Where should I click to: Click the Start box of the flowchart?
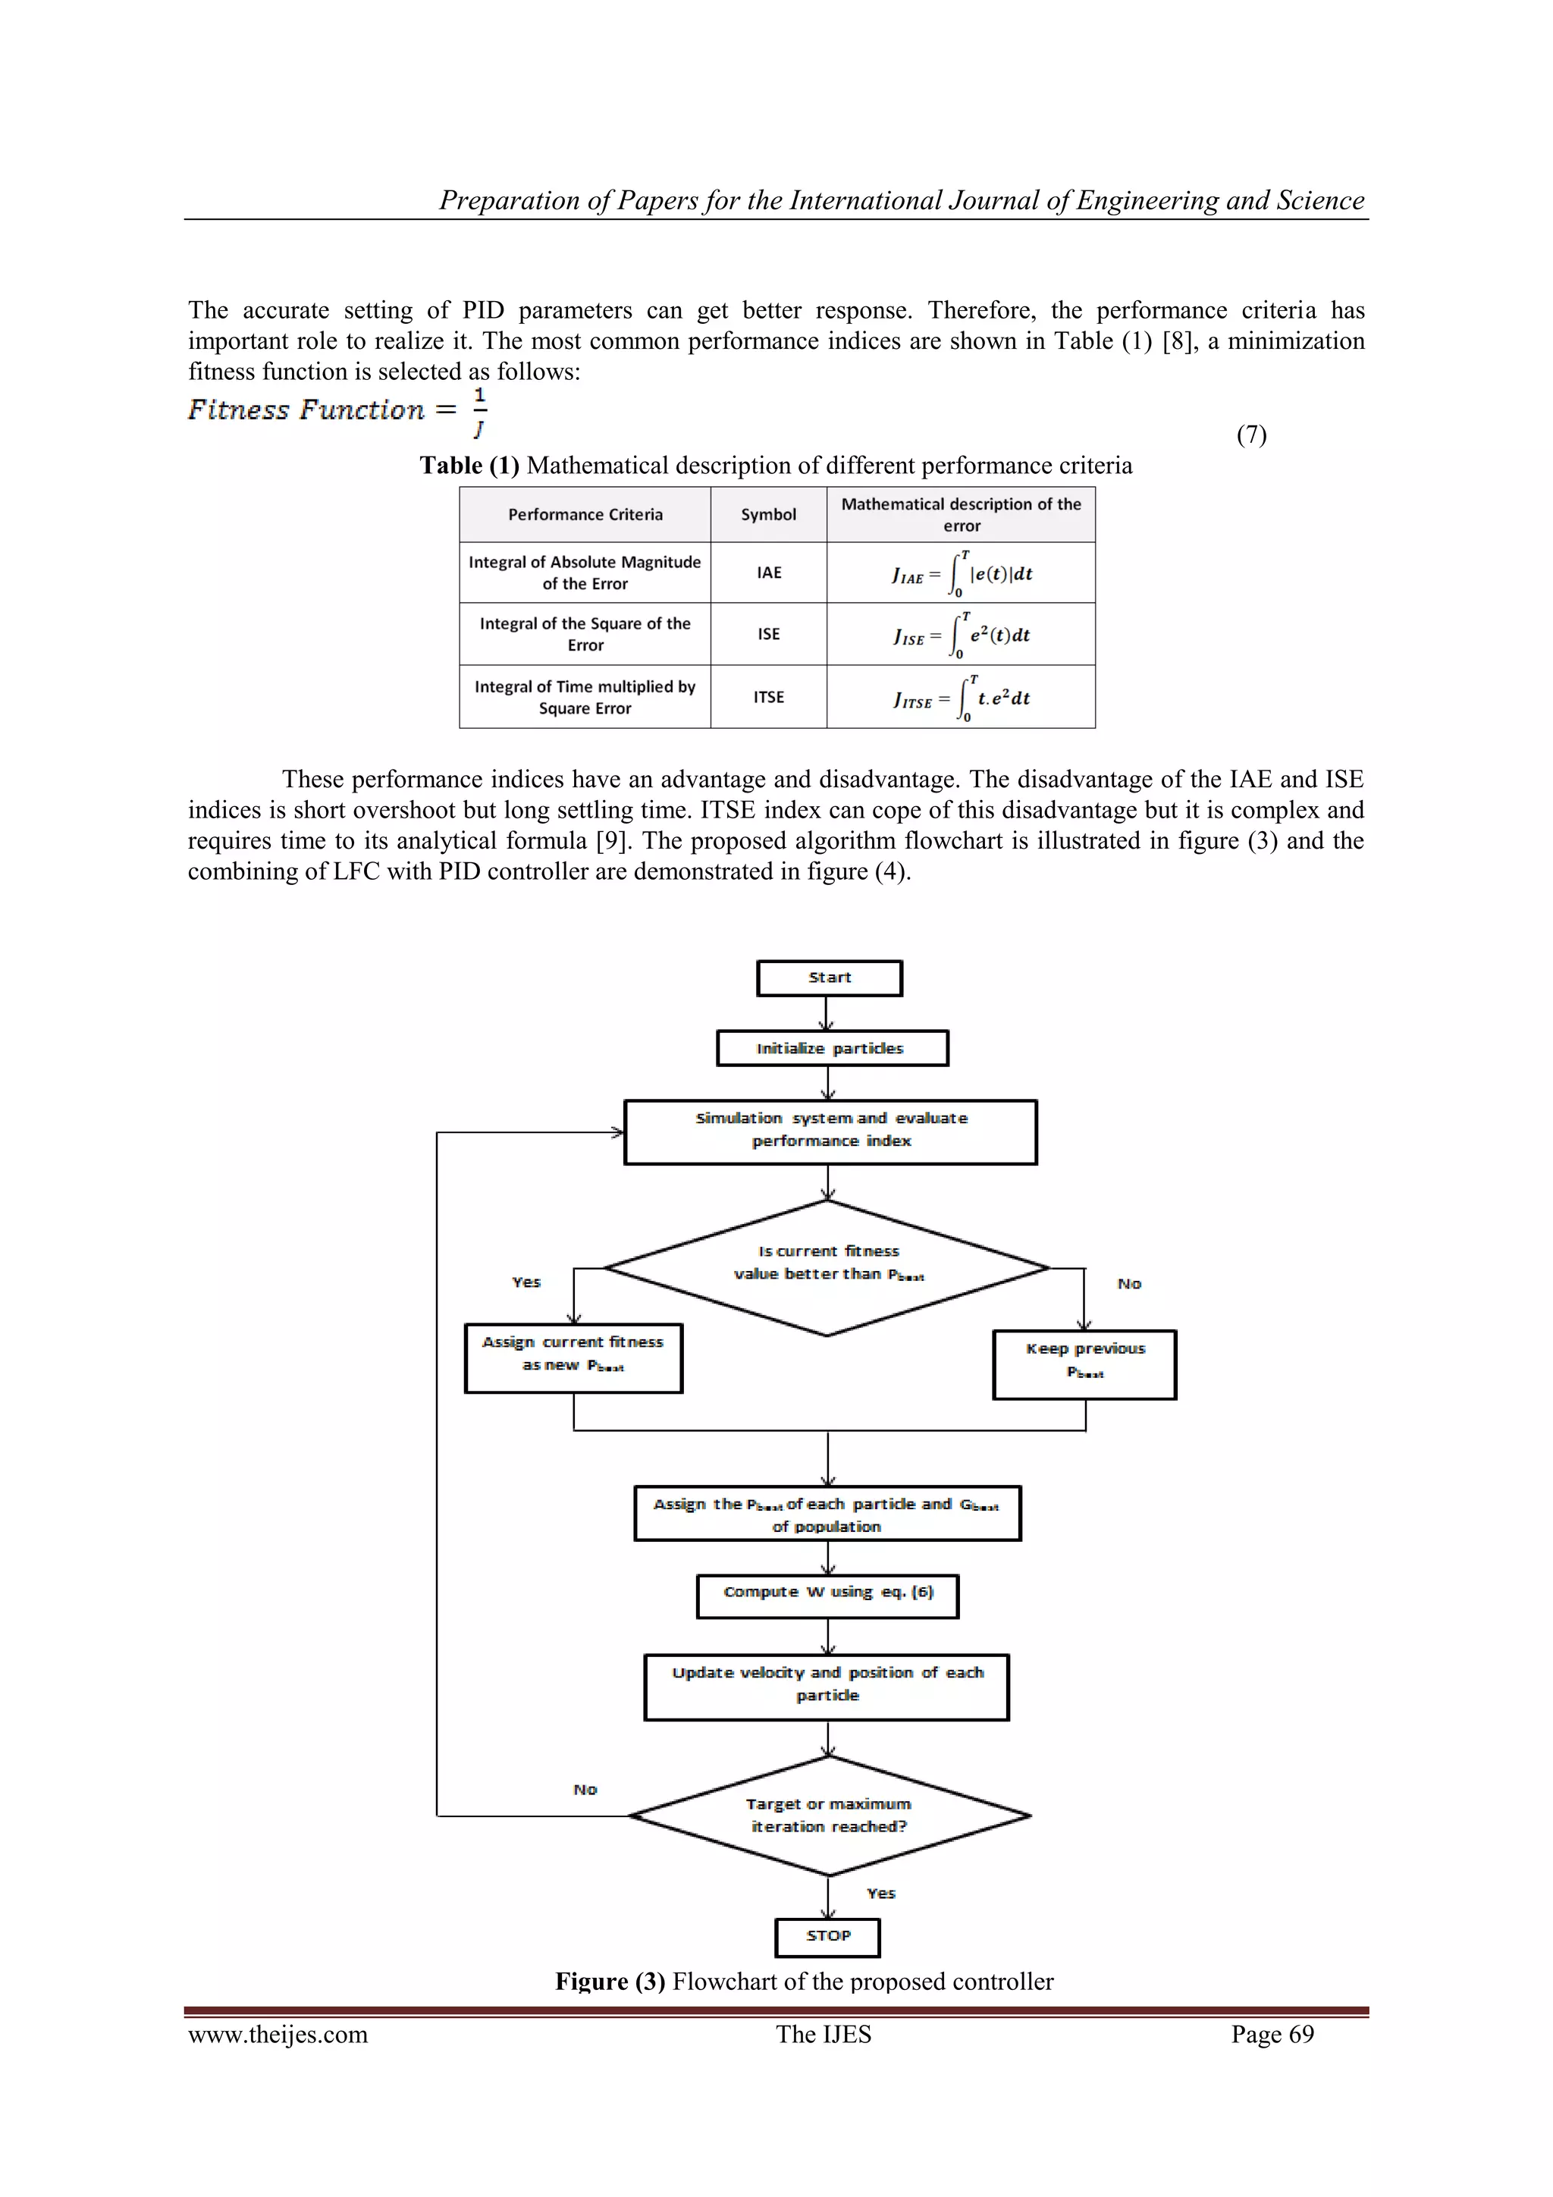coord(829,978)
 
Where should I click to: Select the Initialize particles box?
coord(832,1048)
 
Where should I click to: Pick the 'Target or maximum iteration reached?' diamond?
coord(829,1816)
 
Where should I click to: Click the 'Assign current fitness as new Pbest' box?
coord(573,1357)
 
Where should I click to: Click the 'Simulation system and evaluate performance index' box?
coord(830,1131)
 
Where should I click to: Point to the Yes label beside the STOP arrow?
coord(880,1893)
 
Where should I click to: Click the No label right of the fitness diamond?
coord(1129,1283)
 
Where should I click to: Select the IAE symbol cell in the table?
coord(768,573)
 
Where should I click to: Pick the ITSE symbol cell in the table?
coord(768,697)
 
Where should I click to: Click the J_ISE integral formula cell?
coord(961,635)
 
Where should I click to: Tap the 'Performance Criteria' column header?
coord(585,515)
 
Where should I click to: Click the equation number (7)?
coord(1250,435)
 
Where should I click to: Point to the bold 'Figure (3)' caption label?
coord(610,1981)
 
